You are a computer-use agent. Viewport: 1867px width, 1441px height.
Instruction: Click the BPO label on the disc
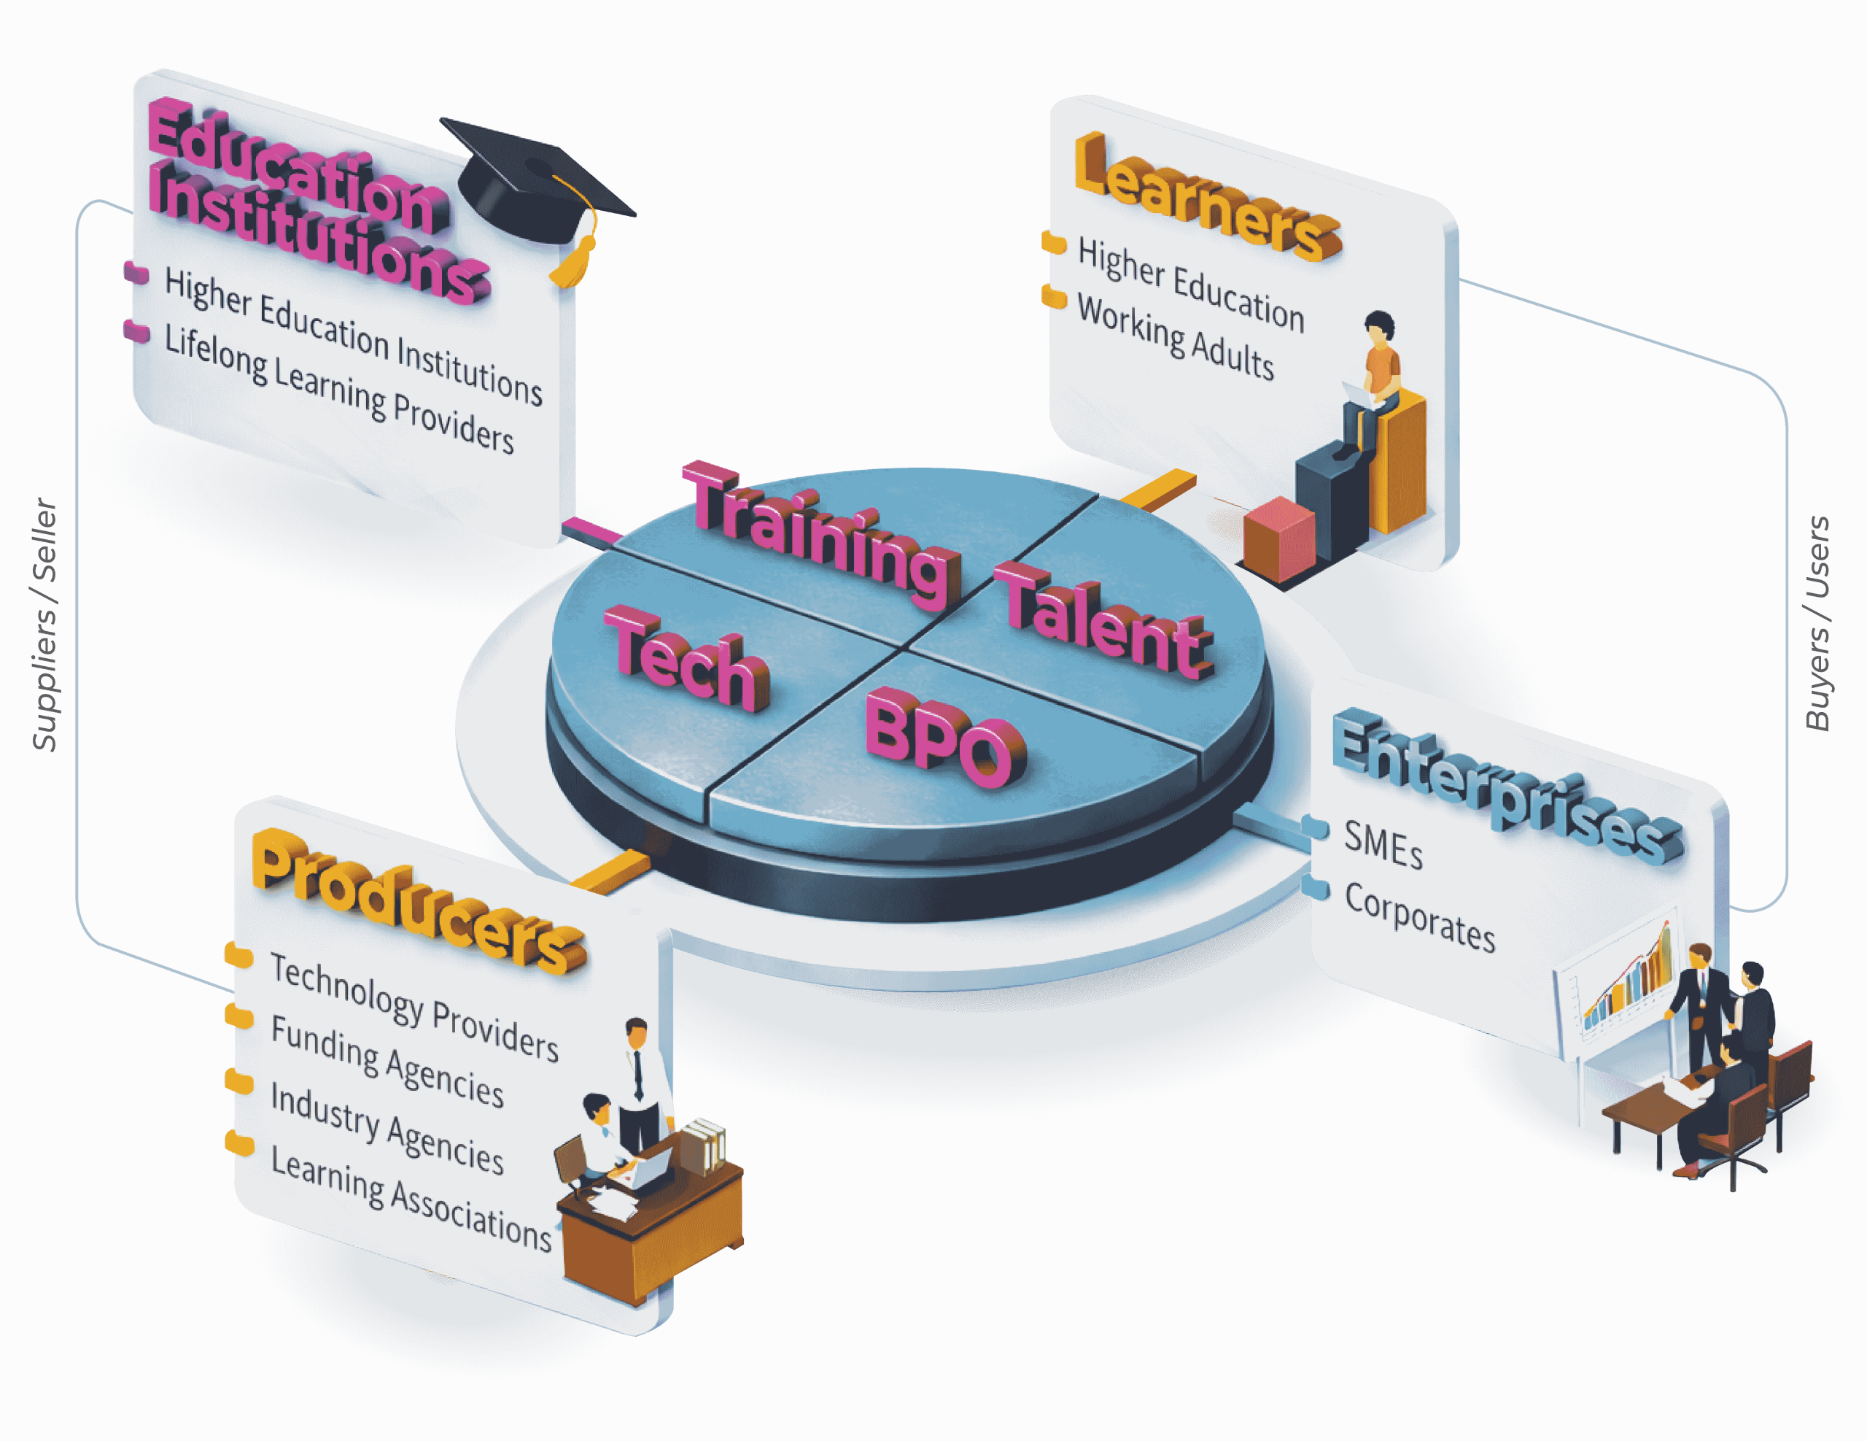pyautogui.click(x=944, y=741)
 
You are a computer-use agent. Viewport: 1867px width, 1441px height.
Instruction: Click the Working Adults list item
pyautogui.click(x=1176, y=337)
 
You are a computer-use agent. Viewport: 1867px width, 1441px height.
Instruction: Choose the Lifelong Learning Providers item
pyautogui.click(x=338, y=389)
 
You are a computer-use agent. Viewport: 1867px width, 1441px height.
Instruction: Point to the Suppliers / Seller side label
pyautogui.click(x=44, y=625)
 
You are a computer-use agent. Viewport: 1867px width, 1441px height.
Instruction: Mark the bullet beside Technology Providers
pyautogui.click(x=238, y=955)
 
